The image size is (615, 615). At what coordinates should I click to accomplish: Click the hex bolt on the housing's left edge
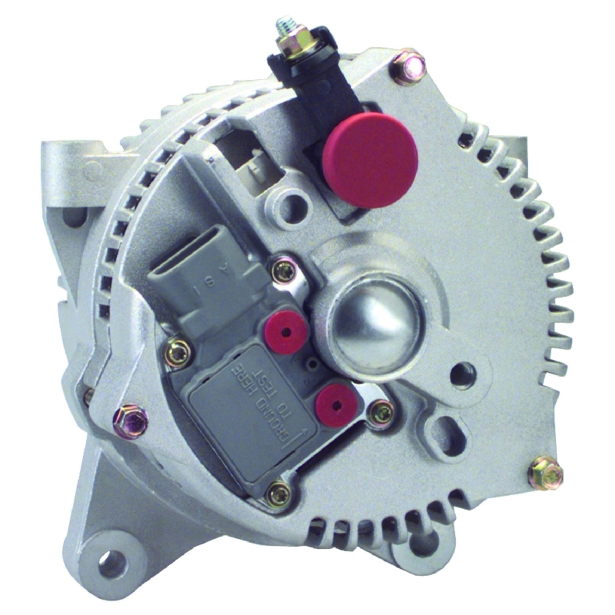click(130, 421)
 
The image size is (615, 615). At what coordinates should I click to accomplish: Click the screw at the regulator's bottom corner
click(279, 493)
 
